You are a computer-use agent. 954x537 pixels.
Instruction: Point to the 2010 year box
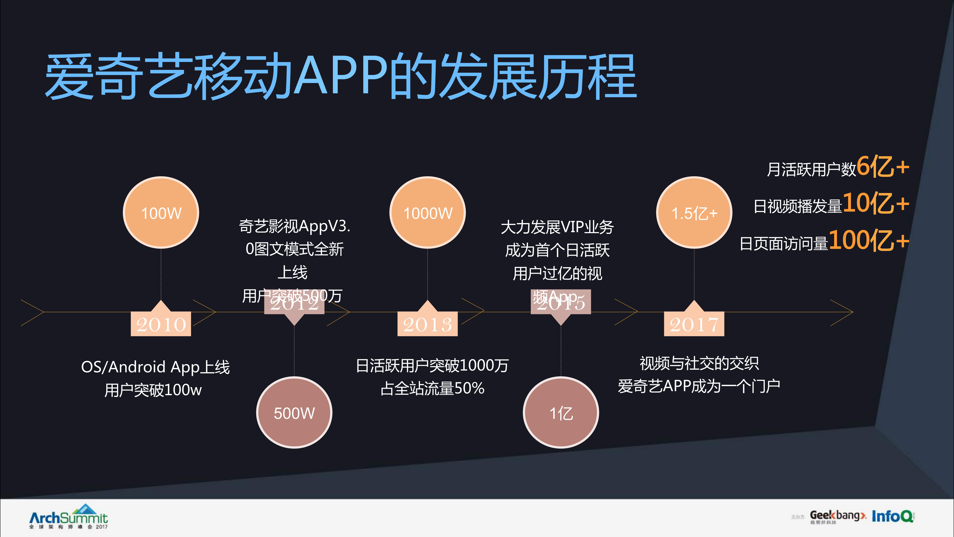click(161, 324)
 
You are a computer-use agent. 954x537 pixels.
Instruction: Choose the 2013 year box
click(427, 324)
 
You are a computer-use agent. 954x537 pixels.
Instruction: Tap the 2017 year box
click(694, 324)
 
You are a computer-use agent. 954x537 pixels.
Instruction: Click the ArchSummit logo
click(69, 517)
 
